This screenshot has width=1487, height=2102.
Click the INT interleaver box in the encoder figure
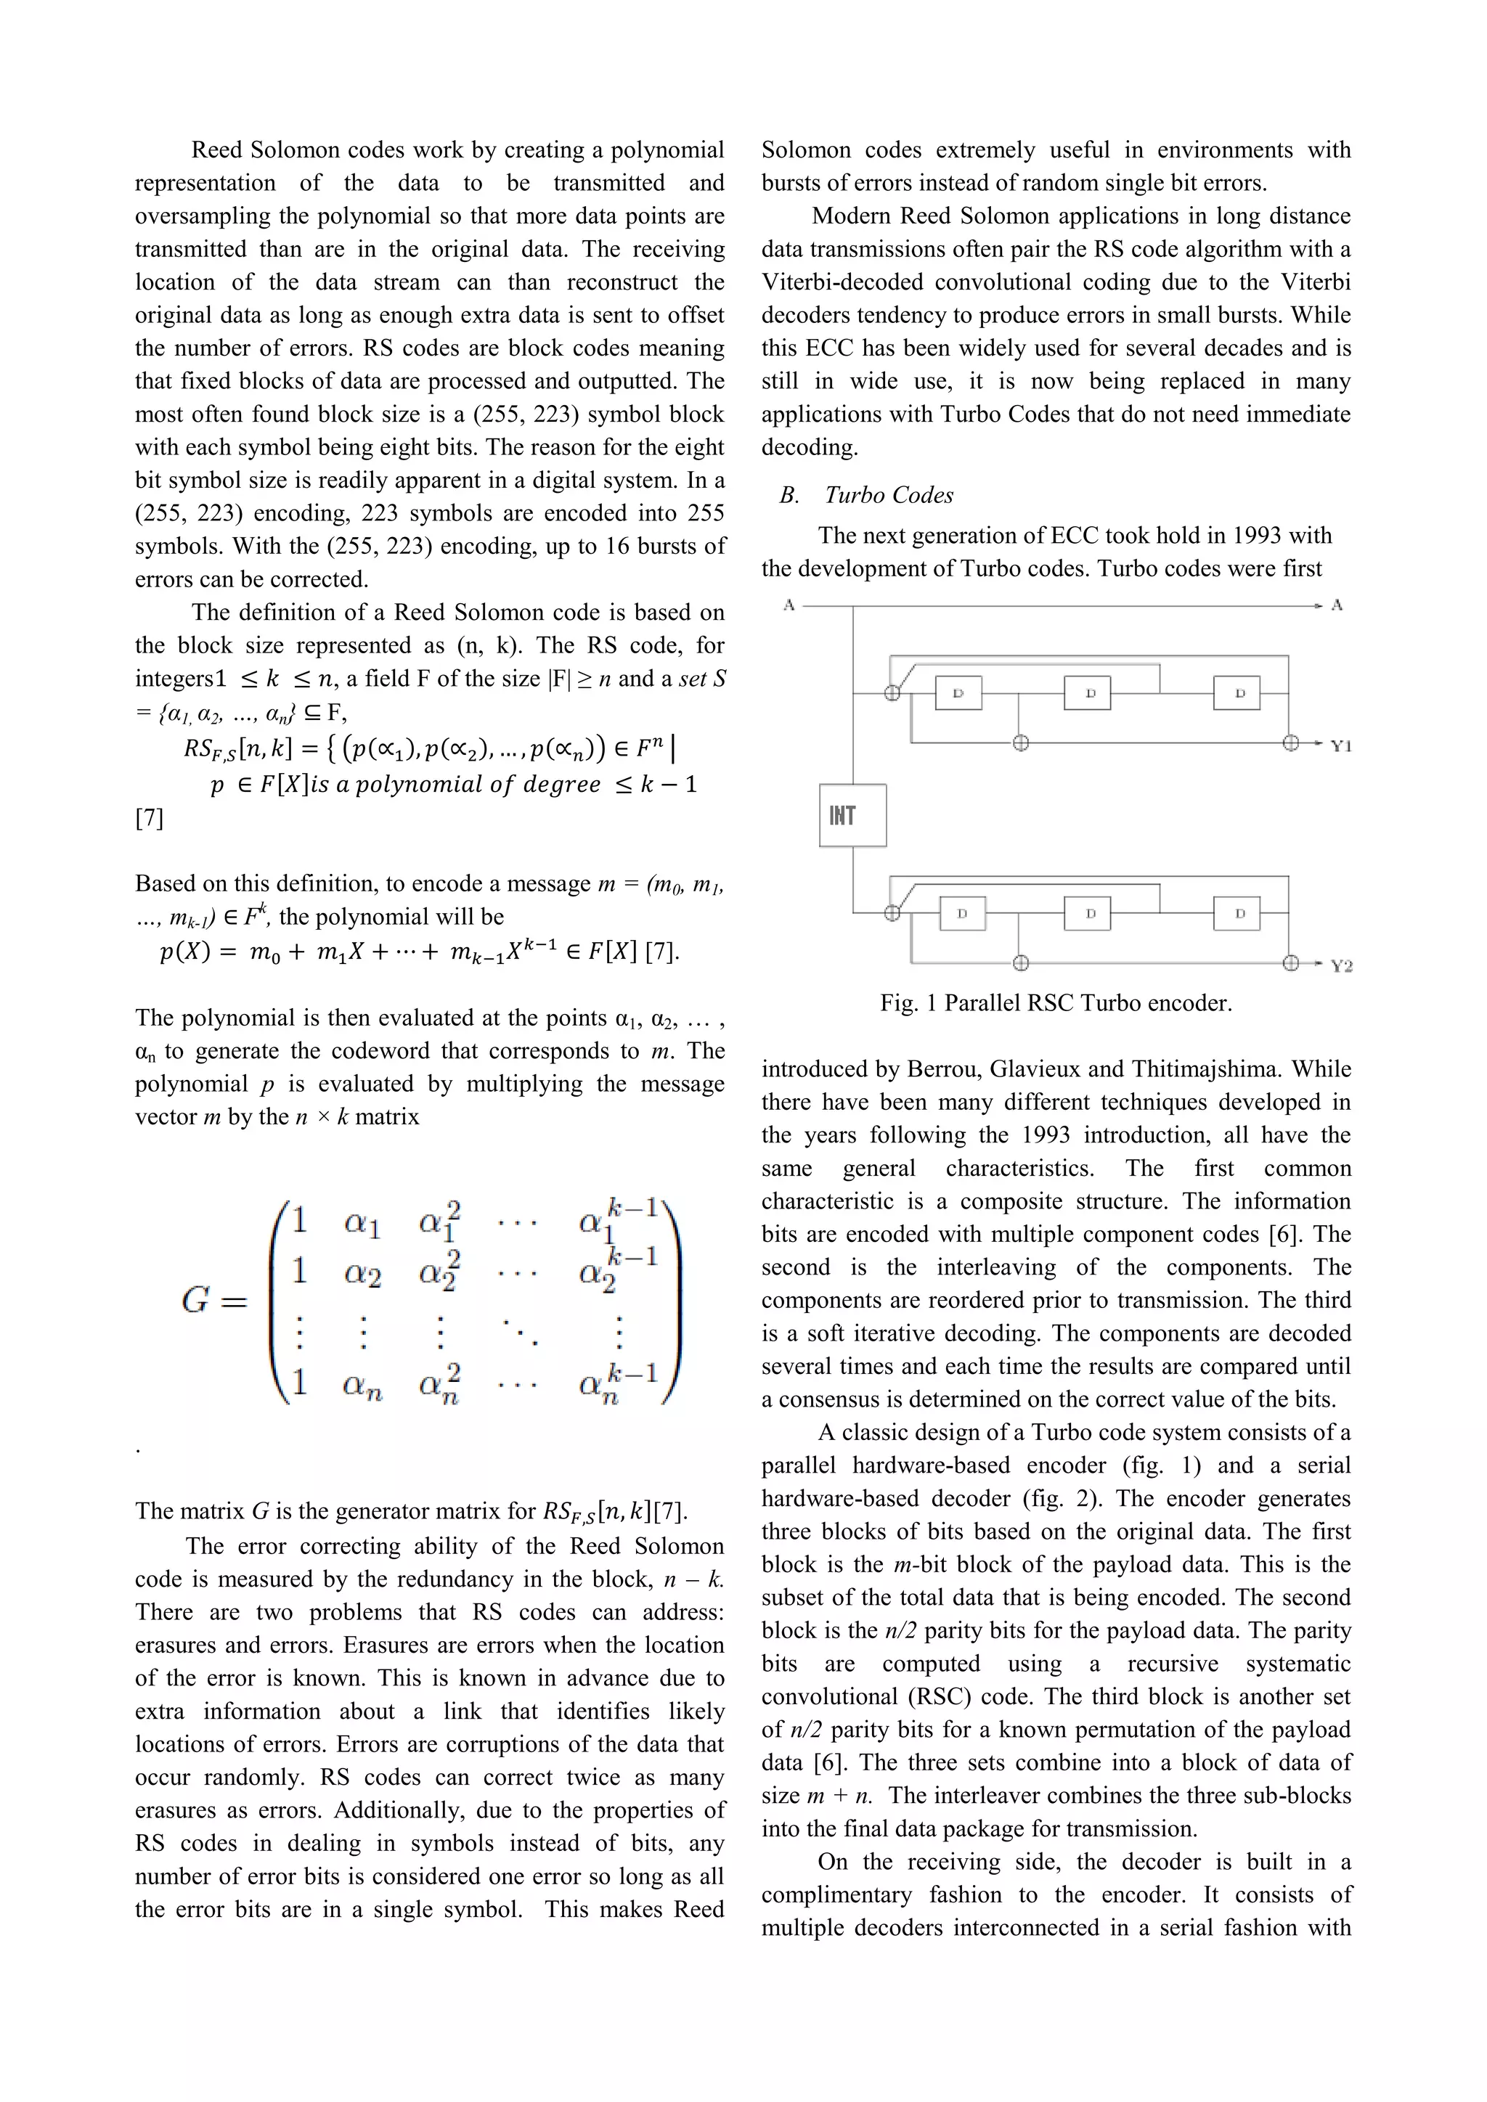[x=852, y=815]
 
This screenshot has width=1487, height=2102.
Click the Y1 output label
[x=1340, y=746]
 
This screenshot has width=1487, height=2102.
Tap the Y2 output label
[x=1340, y=965]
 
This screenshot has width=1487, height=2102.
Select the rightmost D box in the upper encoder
[x=1236, y=693]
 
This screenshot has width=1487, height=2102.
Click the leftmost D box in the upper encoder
[x=958, y=693]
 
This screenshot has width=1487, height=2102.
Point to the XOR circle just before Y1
[x=1291, y=743]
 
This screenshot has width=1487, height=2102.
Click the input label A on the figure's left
[x=789, y=605]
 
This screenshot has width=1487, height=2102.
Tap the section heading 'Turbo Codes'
[x=888, y=495]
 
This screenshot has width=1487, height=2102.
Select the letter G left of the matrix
[x=196, y=1299]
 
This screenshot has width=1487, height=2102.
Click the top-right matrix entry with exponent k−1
[x=619, y=1219]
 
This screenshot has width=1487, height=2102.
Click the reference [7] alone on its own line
[x=150, y=817]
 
